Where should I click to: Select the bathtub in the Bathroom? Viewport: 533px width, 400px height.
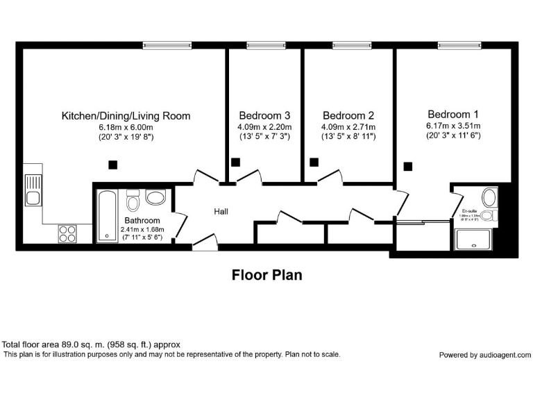pyautogui.click(x=108, y=215)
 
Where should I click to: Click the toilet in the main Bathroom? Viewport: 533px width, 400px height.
pyautogui.click(x=134, y=201)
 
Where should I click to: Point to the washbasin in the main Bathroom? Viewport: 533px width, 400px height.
pyautogui.click(x=155, y=199)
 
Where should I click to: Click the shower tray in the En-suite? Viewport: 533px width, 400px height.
pyautogui.click(x=475, y=240)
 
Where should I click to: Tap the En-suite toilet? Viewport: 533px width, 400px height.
pyautogui.click(x=489, y=216)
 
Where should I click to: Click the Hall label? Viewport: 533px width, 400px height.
pyautogui.click(x=221, y=212)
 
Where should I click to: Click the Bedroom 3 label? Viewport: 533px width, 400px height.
pyautogui.click(x=264, y=115)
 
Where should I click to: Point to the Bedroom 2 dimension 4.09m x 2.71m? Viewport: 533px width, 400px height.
pyautogui.click(x=348, y=127)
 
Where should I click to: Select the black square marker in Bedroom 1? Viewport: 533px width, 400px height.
pyautogui.click(x=408, y=166)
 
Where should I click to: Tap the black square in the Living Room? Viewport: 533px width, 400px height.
pyautogui.click(x=112, y=165)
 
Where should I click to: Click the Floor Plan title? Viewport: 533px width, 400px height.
pyautogui.click(x=266, y=275)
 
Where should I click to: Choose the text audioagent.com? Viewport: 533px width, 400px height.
pyautogui.click(x=505, y=355)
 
